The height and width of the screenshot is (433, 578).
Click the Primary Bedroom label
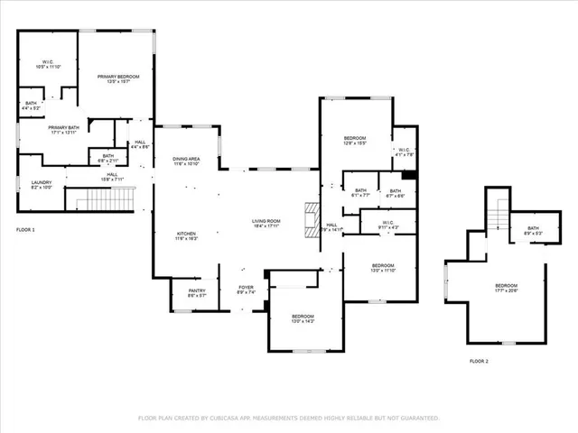click(118, 79)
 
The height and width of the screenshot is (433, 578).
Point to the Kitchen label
click(186, 236)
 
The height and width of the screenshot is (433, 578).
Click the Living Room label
click(266, 223)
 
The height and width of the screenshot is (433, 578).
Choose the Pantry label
click(197, 293)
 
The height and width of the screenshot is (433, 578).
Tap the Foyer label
click(247, 290)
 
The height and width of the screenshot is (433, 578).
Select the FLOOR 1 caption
click(25, 230)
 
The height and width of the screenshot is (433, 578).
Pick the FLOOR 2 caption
click(479, 361)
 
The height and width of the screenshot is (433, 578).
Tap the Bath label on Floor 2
click(533, 230)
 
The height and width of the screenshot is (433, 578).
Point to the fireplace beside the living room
click(312, 216)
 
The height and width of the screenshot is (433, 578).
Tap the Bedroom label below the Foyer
click(303, 318)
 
